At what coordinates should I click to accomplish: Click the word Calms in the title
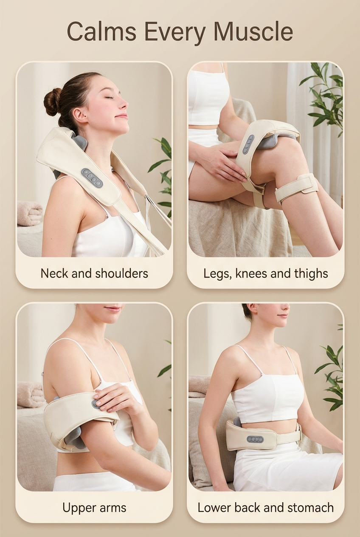(101, 32)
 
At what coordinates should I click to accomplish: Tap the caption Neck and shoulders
(94, 273)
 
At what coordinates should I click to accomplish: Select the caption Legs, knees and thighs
(266, 273)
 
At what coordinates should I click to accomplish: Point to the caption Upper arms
(94, 507)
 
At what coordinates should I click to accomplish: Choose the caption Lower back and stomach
(266, 507)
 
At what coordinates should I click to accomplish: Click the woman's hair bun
(53, 102)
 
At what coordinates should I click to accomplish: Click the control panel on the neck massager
(92, 178)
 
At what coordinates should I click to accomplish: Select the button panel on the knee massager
(248, 144)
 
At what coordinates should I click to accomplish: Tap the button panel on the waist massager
(255, 439)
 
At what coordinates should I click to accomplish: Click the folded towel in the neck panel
(30, 213)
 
